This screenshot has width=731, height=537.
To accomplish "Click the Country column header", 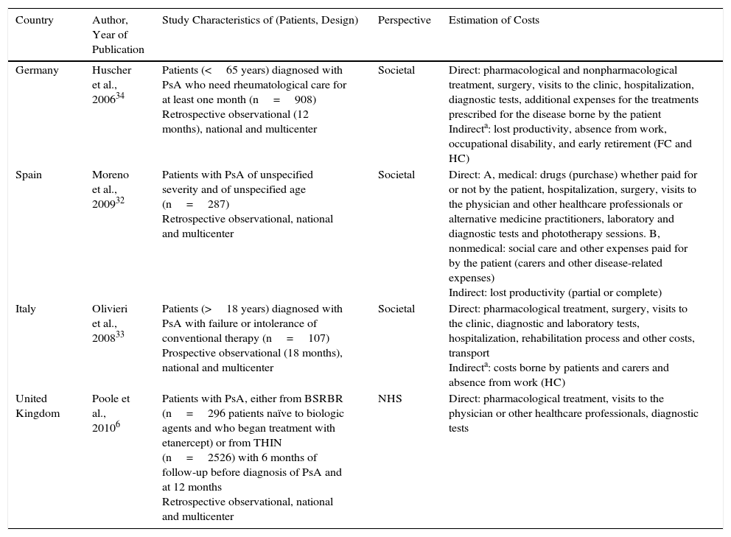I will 35,21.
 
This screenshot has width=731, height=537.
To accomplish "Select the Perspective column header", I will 404,21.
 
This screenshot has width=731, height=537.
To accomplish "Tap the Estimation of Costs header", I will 494,21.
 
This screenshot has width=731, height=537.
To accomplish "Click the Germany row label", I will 37,71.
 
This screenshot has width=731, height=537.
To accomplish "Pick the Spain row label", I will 29,175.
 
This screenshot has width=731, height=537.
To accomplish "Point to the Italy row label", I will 26,309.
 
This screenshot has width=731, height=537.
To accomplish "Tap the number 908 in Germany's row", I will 304,100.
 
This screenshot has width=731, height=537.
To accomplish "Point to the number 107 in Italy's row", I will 318,339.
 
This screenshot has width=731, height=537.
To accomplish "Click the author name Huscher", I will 111,71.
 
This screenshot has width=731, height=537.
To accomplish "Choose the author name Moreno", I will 111,175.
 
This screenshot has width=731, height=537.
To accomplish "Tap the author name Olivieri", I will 110,309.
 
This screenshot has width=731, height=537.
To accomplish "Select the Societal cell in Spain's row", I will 396,175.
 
